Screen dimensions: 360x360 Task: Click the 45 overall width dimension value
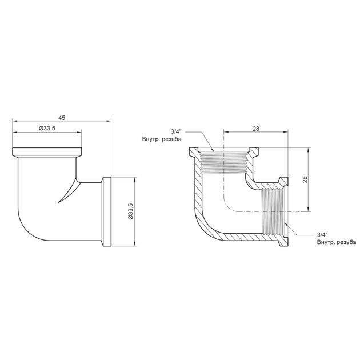(x=62, y=118)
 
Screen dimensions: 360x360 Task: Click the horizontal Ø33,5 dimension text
(x=47, y=129)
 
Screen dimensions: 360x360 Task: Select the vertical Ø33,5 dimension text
(x=131, y=211)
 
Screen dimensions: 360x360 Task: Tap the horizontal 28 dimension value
(x=256, y=129)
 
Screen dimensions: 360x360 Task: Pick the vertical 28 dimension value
(x=305, y=179)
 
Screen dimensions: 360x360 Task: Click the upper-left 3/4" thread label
(x=176, y=131)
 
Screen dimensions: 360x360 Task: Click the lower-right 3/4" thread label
(x=322, y=234)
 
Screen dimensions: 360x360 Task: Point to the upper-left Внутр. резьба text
(x=162, y=139)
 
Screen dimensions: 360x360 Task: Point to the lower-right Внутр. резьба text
(x=337, y=242)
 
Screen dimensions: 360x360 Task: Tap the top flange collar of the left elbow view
(x=47, y=152)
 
